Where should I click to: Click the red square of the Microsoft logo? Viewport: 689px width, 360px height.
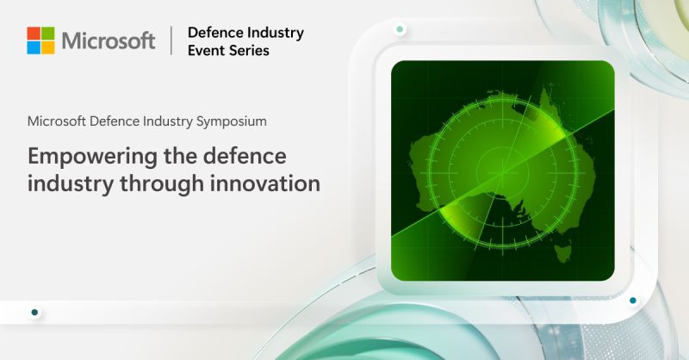point(34,33)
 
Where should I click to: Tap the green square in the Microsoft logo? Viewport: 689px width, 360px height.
point(48,33)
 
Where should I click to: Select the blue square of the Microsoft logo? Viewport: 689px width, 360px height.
point(34,47)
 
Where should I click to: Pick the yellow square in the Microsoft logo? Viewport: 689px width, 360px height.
point(48,47)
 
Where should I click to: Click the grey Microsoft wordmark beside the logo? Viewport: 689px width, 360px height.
point(109,40)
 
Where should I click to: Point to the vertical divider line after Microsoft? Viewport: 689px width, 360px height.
point(171,40)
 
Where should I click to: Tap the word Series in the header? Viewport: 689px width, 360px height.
point(250,51)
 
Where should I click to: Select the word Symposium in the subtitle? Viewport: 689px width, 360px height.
point(230,121)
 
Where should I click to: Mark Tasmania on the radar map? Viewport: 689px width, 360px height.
point(564,252)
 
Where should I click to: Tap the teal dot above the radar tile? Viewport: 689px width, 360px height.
point(400,30)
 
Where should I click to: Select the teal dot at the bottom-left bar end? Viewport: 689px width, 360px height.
point(34,313)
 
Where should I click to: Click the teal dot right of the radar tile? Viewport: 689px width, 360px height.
point(633,301)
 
